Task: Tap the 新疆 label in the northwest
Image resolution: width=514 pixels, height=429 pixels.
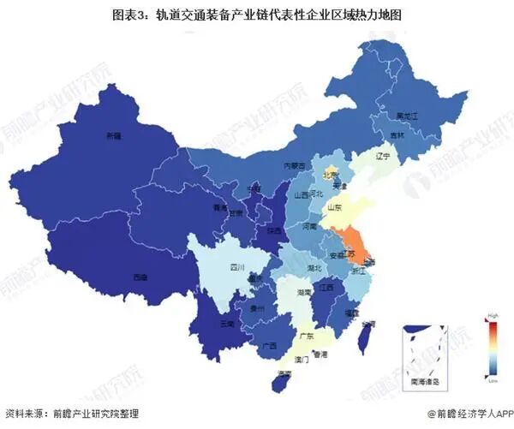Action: coord(113,136)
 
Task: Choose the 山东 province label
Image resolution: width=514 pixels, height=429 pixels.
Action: coord(335,207)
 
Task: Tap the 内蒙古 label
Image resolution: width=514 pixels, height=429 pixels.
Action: coord(295,166)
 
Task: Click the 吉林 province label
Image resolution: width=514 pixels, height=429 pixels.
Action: coord(397,136)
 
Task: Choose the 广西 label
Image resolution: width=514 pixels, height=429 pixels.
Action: coord(269,347)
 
